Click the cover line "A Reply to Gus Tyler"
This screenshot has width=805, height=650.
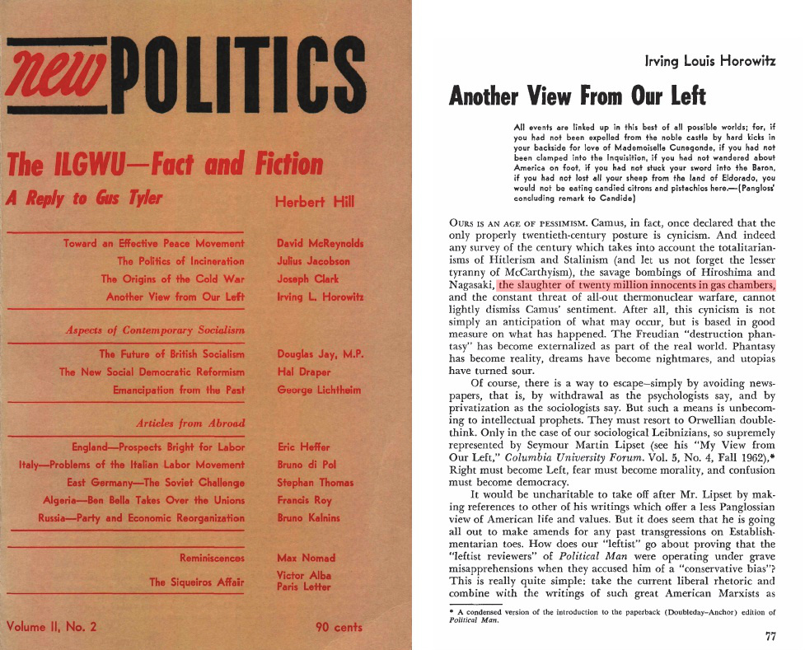84,199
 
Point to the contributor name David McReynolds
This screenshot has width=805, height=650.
321,243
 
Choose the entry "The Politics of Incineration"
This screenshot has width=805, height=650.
180,261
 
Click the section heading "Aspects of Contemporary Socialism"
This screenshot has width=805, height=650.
154,330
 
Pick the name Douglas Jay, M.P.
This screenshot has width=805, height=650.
321,354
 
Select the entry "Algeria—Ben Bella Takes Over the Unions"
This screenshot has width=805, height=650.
143,500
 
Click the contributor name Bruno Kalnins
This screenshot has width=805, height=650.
309,518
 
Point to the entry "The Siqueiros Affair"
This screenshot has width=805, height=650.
196,582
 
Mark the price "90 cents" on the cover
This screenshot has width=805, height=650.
339,627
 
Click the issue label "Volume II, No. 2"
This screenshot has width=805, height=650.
51,627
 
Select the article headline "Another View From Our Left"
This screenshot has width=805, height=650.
577,96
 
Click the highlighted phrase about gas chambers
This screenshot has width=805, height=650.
637,285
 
